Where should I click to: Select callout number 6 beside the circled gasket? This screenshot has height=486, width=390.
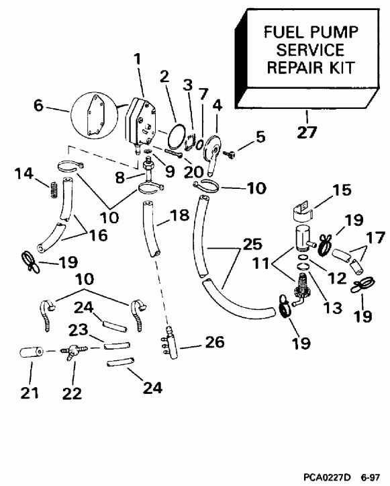pos(40,106)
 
